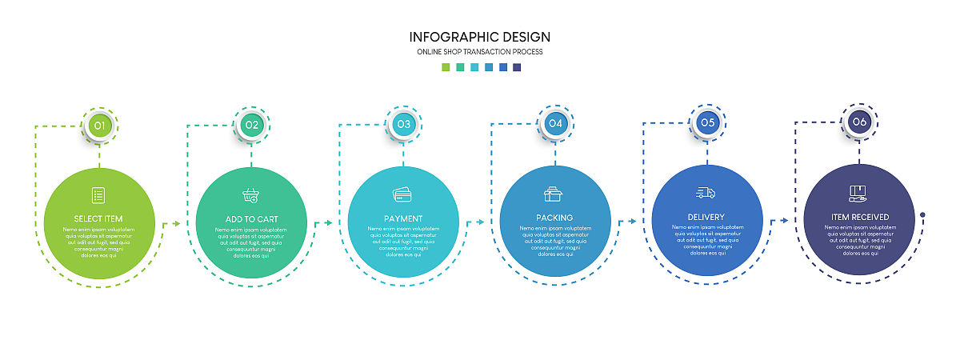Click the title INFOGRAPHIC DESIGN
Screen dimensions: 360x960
tap(480, 37)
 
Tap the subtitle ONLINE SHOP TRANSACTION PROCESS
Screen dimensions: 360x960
tap(480, 52)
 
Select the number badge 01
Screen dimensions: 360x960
tap(99, 125)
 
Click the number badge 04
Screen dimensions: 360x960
tap(556, 123)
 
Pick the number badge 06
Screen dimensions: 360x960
tap(859, 122)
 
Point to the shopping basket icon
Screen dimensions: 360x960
tap(251, 195)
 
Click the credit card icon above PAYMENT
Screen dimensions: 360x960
tap(402, 194)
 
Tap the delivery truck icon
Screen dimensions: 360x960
tap(706, 192)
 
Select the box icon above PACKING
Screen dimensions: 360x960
tap(554, 194)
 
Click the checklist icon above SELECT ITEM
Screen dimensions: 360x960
tap(98, 194)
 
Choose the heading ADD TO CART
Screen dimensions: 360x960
tap(251, 219)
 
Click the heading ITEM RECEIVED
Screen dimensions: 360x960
tap(859, 218)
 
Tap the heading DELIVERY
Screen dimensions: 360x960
tap(706, 217)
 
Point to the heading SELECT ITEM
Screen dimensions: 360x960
tap(99, 218)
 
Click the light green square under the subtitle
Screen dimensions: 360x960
tap(446, 67)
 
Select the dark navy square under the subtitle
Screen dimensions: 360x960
tap(518, 67)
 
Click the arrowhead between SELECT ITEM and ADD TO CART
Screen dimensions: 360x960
tap(177, 225)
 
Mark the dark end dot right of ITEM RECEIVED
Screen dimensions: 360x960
tap(922, 214)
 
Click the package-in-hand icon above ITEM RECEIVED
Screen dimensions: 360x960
tap(858, 193)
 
